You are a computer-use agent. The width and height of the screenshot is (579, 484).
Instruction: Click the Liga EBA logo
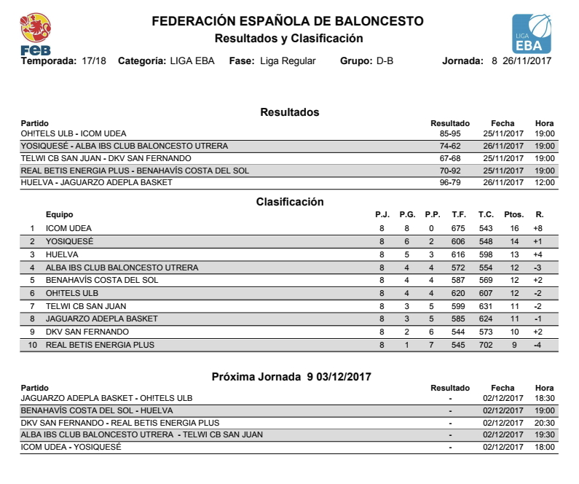click(532, 34)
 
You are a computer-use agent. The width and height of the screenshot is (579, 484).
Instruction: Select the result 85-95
click(450, 134)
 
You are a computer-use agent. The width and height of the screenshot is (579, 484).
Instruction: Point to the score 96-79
click(450, 182)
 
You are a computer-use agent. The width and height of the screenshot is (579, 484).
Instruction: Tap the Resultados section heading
click(290, 112)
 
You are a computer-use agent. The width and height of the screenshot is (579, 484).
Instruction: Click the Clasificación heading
click(290, 202)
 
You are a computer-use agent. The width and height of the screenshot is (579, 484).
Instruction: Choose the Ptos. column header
click(514, 215)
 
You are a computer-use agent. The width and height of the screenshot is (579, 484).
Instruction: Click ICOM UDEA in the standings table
click(68, 229)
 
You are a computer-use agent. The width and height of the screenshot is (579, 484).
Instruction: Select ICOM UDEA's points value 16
click(514, 229)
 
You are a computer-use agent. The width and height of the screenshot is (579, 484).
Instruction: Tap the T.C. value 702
click(486, 345)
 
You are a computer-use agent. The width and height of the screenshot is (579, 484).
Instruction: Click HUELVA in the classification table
click(62, 255)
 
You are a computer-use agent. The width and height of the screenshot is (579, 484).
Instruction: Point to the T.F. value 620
click(458, 294)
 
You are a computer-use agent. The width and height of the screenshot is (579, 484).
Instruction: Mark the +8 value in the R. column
click(538, 229)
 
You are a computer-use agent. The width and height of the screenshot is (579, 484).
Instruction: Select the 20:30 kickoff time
click(544, 423)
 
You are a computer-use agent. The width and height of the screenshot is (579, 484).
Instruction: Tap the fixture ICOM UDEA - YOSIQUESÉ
click(71, 447)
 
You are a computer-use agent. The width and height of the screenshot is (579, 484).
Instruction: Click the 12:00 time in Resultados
click(544, 182)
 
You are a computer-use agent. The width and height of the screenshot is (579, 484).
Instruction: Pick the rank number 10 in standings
click(32, 345)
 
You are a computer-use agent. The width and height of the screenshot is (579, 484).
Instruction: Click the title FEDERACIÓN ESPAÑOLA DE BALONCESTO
click(288, 22)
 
